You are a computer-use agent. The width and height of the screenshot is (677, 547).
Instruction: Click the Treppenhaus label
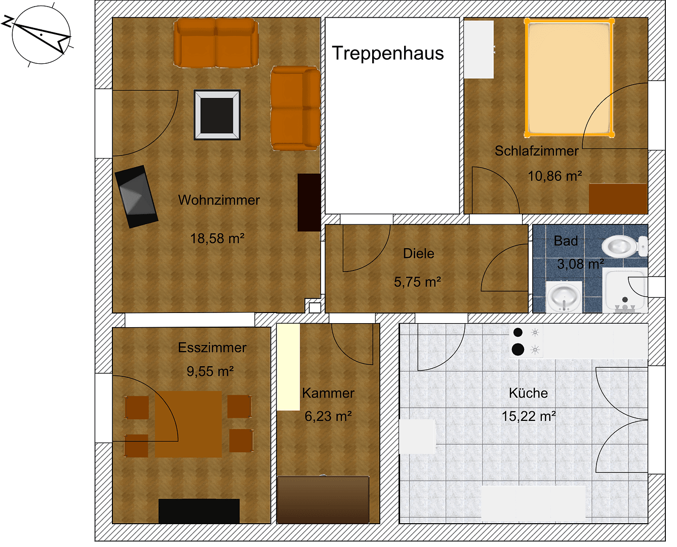(388, 53)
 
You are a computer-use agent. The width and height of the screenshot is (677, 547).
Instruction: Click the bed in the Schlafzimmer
(569, 79)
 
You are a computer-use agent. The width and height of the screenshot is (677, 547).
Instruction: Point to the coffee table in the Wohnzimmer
(217, 115)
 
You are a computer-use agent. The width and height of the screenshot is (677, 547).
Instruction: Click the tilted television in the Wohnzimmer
(136, 197)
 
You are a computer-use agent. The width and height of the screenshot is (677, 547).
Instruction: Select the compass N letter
(8, 21)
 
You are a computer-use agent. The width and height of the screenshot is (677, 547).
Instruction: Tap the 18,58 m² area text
(217, 238)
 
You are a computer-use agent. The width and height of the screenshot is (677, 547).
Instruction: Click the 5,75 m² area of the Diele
(417, 282)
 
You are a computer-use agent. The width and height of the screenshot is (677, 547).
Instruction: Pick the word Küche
(528, 393)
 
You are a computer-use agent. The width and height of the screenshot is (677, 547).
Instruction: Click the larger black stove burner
(517, 349)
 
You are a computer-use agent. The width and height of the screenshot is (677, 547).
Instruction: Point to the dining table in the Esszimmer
(188, 424)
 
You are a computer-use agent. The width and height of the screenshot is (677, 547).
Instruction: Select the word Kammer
(328, 393)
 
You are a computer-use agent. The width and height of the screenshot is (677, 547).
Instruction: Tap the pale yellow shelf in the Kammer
(288, 367)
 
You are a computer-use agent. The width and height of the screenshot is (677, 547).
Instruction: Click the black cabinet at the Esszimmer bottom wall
(199, 511)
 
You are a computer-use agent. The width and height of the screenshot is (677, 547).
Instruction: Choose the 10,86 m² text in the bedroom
(554, 176)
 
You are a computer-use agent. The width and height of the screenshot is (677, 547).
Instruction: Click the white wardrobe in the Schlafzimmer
(479, 50)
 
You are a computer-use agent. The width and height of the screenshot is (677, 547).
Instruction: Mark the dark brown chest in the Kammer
(323, 499)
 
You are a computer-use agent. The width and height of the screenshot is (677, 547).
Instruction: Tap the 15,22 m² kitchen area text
(528, 416)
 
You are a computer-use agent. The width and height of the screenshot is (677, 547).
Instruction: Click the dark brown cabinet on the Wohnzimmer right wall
(309, 203)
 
